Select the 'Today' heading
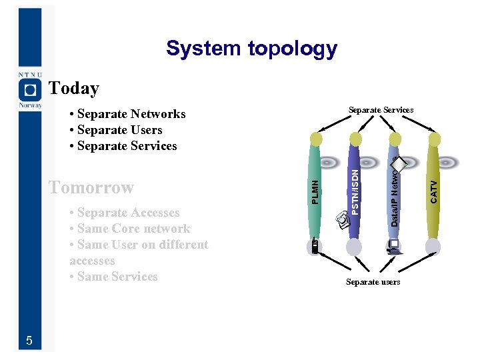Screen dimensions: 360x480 coord(74,88)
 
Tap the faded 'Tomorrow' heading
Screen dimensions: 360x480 coord(91,187)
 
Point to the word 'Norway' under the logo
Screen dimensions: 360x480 coord(29,105)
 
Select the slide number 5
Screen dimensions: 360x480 coord(29,341)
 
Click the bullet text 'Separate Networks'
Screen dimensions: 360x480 coord(131,114)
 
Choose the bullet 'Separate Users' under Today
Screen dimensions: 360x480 coord(119,130)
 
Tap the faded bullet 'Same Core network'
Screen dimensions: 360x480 coord(133,229)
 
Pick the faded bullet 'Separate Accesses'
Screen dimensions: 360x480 coord(128,213)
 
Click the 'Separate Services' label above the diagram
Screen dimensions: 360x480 coord(381,109)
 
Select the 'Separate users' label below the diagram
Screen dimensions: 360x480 coord(373,282)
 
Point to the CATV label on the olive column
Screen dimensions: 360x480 coord(433,192)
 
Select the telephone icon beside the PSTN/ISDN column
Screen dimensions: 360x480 coord(341,218)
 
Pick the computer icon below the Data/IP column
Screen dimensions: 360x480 coord(393,247)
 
